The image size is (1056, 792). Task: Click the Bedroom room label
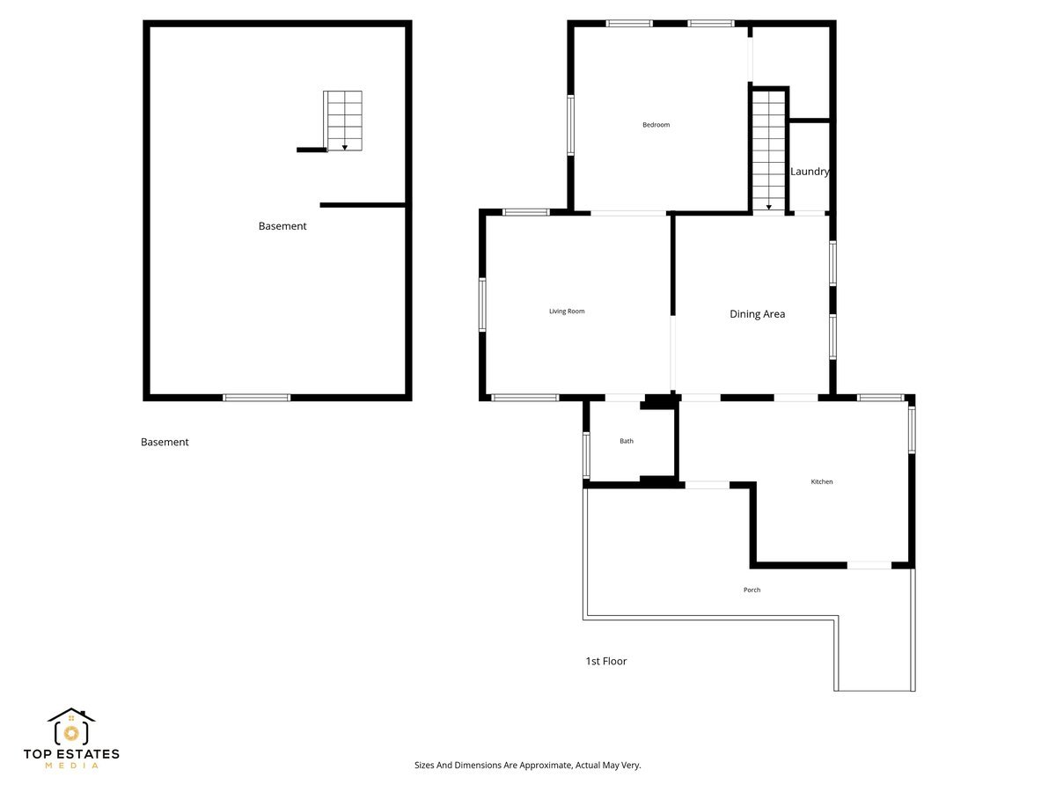[656, 125]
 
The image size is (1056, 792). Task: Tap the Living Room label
[567, 312]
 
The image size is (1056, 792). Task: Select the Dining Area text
[757, 314]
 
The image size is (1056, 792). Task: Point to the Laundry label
[810, 172]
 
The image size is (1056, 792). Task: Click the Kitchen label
[821, 482]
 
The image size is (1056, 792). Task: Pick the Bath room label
[627, 441]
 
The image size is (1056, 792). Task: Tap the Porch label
[752, 590]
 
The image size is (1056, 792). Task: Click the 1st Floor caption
[606, 661]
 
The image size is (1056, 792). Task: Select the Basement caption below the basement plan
[165, 442]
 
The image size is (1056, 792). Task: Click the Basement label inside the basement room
[282, 226]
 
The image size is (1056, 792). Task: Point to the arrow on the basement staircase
[345, 146]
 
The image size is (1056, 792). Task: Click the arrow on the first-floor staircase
[769, 208]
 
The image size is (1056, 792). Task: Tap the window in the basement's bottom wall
[256, 398]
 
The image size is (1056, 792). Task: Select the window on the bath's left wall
[586, 455]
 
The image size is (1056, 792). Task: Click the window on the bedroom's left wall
[570, 125]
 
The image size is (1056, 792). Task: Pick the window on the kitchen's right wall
[912, 428]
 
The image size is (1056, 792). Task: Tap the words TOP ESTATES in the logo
[71, 754]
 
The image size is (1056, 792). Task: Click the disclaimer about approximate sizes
[528, 766]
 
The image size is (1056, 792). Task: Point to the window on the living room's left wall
[482, 304]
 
